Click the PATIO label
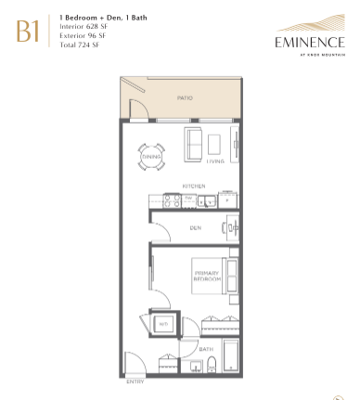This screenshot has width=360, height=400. click(x=184, y=97)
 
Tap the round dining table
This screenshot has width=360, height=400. click(x=152, y=156)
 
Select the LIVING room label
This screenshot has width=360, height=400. click(x=214, y=161)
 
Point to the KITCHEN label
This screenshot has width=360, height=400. click(x=193, y=186)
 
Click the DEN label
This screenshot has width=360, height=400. click(x=195, y=227)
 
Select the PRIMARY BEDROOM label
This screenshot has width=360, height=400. click(x=206, y=276)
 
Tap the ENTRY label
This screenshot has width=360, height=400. click(x=135, y=381)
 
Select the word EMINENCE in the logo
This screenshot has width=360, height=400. click(x=307, y=42)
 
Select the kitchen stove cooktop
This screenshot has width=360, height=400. click(x=172, y=198)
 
